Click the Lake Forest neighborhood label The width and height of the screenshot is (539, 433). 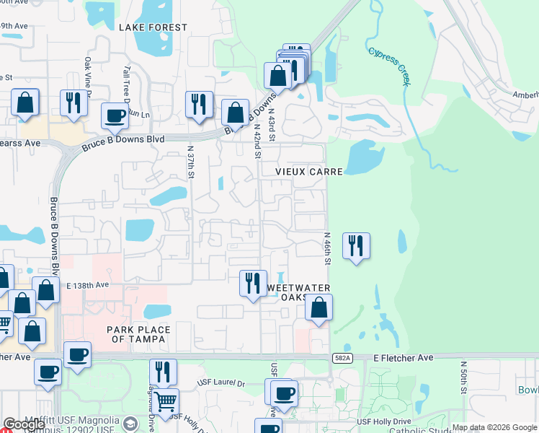point(153,27)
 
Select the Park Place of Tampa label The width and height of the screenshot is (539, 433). point(139,334)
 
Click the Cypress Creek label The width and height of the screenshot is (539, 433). point(389,66)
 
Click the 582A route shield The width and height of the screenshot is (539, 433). point(344,358)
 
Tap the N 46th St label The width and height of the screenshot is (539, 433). point(326,248)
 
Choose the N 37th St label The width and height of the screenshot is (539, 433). point(191,161)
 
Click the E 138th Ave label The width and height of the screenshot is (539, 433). point(87,285)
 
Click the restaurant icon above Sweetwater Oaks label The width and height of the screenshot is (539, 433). point(253,282)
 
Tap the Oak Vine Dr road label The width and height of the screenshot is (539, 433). point(88,76)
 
